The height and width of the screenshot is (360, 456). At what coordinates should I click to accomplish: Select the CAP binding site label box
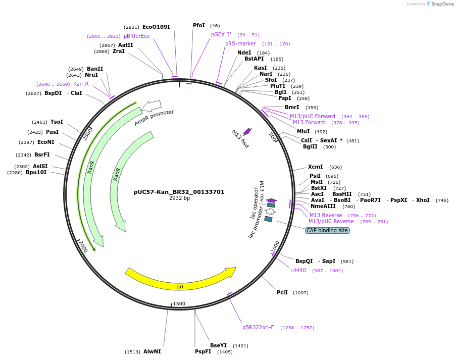pos(327,230)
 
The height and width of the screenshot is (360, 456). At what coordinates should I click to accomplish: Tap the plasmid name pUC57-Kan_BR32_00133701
pos(179,192)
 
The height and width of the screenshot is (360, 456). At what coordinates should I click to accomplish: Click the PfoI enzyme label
pos(199,25)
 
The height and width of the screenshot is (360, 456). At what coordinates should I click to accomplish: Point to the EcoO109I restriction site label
pos(156,27)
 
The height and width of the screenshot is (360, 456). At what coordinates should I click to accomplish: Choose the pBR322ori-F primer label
pos(258,327)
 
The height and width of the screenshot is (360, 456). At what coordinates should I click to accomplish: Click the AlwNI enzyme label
pos(152,351)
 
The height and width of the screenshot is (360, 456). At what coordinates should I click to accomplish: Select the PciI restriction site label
pos(282,292)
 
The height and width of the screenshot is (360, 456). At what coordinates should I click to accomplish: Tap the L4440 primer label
pos(298,270)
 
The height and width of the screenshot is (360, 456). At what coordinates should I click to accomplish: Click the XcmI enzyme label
pos(315,167)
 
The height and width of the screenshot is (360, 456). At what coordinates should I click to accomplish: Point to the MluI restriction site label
pos(303,131)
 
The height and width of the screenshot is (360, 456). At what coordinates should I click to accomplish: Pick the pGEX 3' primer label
pos(221,34)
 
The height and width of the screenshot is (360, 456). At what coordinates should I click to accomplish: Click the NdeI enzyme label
pos(244,53)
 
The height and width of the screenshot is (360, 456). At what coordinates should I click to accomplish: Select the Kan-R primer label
pos(81,84)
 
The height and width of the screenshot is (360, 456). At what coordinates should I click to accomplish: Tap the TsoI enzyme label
pos(57,122)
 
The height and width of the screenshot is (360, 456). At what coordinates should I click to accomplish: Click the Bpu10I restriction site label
pos(36,172)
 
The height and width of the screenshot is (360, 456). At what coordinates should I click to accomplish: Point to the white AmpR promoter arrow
pos(151,106)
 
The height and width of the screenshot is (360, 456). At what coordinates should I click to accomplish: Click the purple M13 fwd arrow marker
pos(247,131)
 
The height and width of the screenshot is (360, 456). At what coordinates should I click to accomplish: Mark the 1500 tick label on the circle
pos(179,303)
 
